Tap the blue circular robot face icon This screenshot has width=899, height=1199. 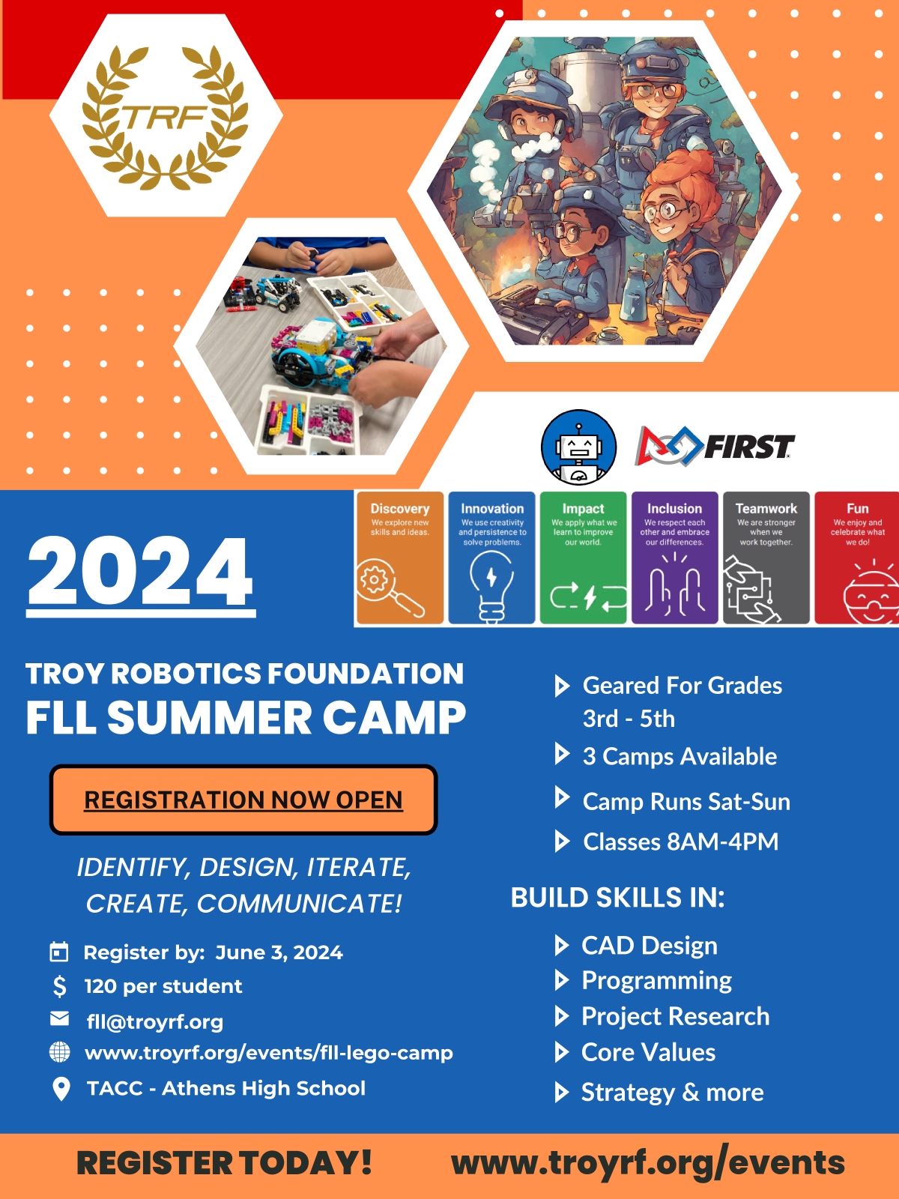(x=578, y=447)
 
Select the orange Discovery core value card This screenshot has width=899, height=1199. (x=399, y=558)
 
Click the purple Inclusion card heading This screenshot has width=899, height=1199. (x=675, y=509)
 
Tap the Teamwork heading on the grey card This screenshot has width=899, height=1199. (x=766, y=509)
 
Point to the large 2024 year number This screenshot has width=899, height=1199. (x=140, y=571)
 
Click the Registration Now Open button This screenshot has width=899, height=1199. (x=243, y=800)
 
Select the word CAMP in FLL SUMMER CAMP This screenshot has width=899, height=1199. (x=394, y=717)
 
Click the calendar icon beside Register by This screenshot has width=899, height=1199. (x=59, y=952)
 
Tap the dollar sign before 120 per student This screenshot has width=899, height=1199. (x=59, y=986)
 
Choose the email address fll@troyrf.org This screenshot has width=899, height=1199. (x=155, y=1021)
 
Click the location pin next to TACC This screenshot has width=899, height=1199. (x=61, y=1089)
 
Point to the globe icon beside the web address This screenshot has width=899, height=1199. (x=59, y=1052)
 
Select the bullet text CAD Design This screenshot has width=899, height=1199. (x=649, y=946)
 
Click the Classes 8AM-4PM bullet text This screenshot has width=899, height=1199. (x=681, y=842)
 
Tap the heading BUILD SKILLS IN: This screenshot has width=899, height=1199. (x=617, y=898)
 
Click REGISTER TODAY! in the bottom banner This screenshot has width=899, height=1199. (x=224, y=1162)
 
